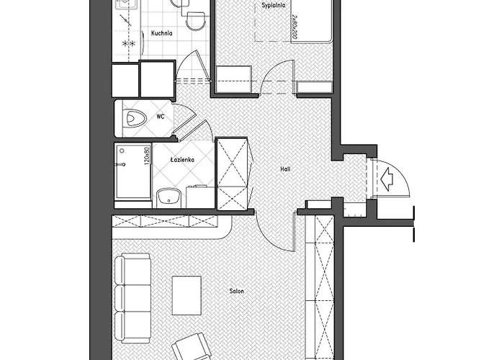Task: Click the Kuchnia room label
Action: (x=161, y=32)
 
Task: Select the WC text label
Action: (x=160, y=116)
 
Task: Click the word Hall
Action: (x=285, y=169)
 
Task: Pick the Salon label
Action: (x=236, y=292)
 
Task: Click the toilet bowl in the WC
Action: (x=135, y=117)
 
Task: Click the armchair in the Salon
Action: (x=193, y=349)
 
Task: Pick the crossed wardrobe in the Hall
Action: (x=233, y=174)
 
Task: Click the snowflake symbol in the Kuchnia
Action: (x=129, y=45)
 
